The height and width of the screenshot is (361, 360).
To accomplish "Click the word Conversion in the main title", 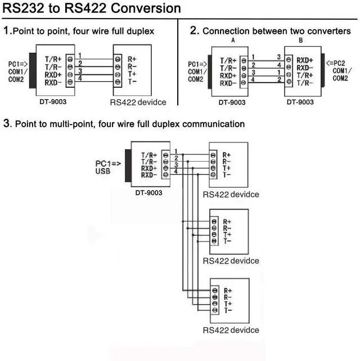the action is [x=146, y=8].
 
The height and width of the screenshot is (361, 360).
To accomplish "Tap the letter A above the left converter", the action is [x=233, y=41].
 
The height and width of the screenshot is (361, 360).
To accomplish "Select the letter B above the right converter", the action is [x=300, y=41].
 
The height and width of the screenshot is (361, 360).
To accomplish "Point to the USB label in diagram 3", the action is [x=103, y=171].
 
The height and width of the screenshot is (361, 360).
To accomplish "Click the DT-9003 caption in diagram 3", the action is [x=148, y=193].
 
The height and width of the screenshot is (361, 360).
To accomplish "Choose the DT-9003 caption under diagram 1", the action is [x=53, y=101].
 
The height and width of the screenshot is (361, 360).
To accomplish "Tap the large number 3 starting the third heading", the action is [x=7, y=123].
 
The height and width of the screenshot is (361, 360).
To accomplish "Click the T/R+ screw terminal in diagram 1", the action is [x=70, y=59].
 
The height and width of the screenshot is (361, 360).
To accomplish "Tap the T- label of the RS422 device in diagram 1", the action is [x=132, y=82].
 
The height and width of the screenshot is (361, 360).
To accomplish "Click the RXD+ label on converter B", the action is [x=305, y=60].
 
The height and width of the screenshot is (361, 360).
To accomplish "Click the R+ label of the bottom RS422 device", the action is [x=228, y=291].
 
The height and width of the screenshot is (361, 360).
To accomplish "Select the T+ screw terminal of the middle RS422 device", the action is [x=214, y=235].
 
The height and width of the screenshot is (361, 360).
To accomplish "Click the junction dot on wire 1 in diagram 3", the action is [x=183, y=154].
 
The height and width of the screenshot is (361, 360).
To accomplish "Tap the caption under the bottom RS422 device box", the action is [x=231, y=330].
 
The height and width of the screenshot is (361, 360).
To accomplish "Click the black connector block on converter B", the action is [x=323, y=70].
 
